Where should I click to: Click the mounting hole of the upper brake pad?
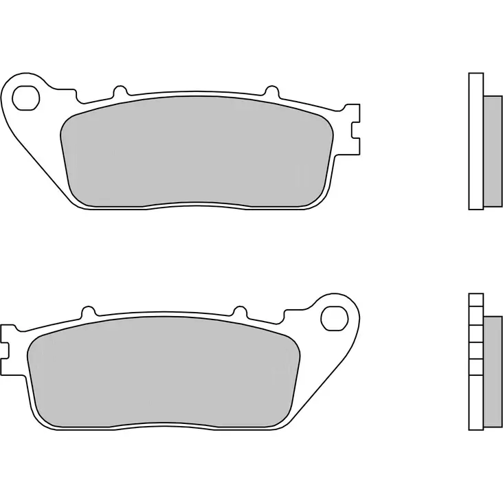tap(25, 97)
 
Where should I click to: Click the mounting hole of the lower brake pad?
tap(335, 318)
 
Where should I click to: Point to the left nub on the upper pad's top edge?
tap(120, 91)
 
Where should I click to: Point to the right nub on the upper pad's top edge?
tap(271, 91)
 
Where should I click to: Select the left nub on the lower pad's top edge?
tap(87, 312)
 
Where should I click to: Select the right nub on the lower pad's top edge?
tap(240, 312)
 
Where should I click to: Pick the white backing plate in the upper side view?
tap(476, 140)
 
